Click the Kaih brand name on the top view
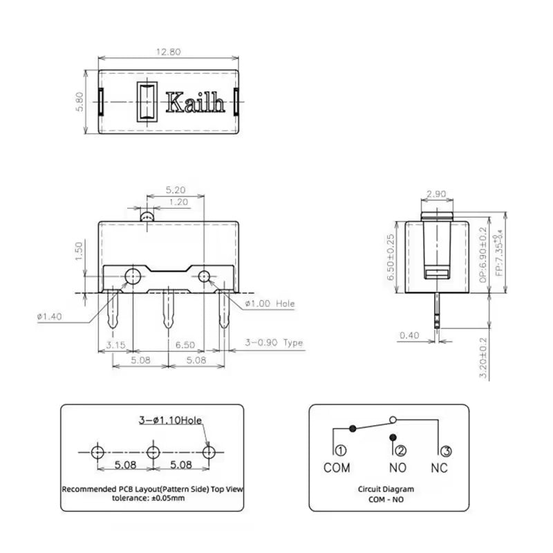pos(196,104)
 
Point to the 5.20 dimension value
pos(175,189)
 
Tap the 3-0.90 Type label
pos(275,342)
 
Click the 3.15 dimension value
pos(115,344)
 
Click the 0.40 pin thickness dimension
pos(410,336)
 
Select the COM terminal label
pos(337,468)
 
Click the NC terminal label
pos(439,468)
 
